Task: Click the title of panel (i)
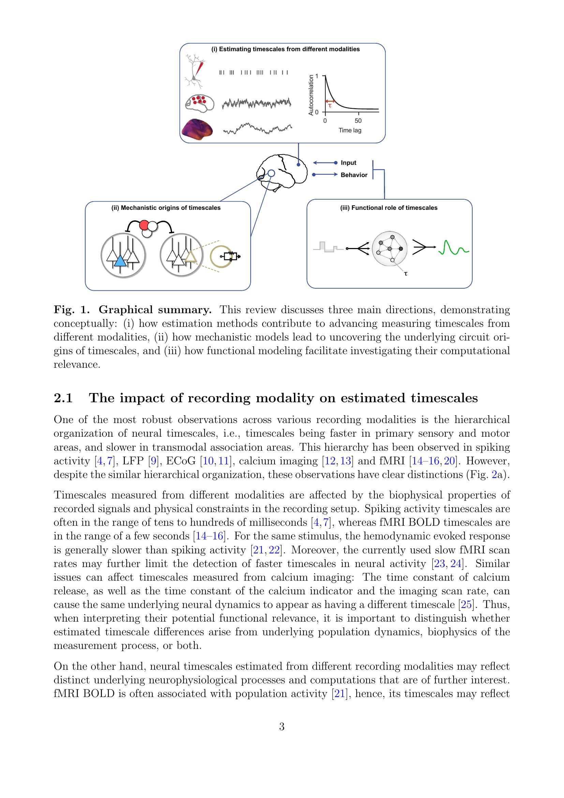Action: pos(285,49)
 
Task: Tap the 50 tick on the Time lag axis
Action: pos(358,121)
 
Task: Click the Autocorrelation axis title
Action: pos(311,95)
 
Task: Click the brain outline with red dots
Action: pos(199,103)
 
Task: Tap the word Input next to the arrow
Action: pos(348,163)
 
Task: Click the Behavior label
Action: pos(354,175)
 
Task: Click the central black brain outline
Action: pos(282,172)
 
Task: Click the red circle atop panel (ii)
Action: pos(144,225)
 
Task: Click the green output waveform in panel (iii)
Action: pos(454,247)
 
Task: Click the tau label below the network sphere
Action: pos(406,274)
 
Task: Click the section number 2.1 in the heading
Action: pos(63,398)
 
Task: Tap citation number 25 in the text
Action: pos(466,605)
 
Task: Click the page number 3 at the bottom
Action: pos(282,727)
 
